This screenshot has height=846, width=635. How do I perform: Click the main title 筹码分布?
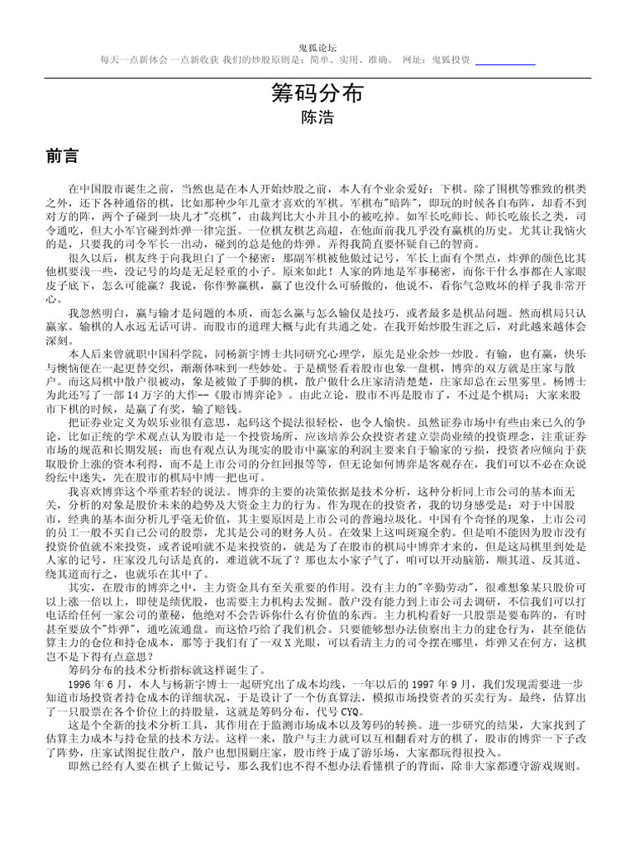(x=317, y=93)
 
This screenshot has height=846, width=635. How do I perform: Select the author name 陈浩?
(x=317, y=118)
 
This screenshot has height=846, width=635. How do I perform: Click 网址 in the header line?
(x=413, y=60)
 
